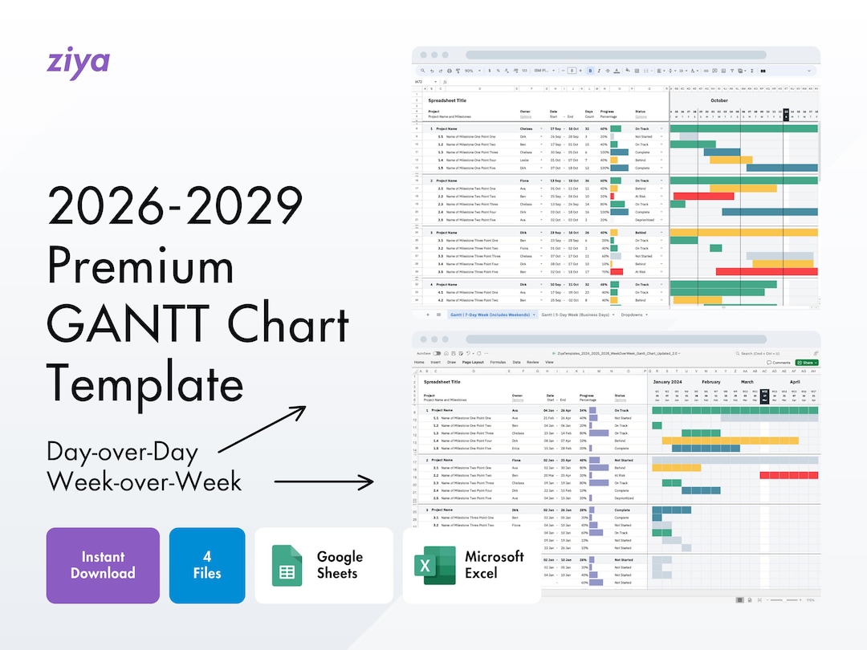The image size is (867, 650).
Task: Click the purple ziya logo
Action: pyautogui.click(x=78, y=63)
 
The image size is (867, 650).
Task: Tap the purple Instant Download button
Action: pyautogui.click(x=103, y=565)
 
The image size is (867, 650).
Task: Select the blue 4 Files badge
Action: pyautogui.click(x=207, y=565)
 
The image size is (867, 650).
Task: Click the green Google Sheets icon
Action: pyautogui.click(x=287, y=565)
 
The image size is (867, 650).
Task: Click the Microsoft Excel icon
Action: pyautogui.click(x=434, y=565)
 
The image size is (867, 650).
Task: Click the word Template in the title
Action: pyautogui.click(x=144, y=384)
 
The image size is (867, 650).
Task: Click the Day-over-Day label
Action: pyautogui.click(x=122, y=452)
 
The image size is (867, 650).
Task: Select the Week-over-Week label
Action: pyautogui.click(x=144, y=481)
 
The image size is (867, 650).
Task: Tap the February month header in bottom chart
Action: pyautogui.click(x=711, y=383)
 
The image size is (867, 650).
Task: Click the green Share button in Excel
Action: pyautogui.click(x=805, y=363)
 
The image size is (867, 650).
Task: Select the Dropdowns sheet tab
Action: pyautogui.click(x=633, y=315)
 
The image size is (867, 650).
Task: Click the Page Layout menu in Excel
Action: pyautogui.click(x=472, y=363)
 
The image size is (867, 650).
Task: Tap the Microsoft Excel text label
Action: pyautogui.click(x=495, y=565)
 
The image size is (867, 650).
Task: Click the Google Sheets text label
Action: pyautogui.click(x=340, y=565)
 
